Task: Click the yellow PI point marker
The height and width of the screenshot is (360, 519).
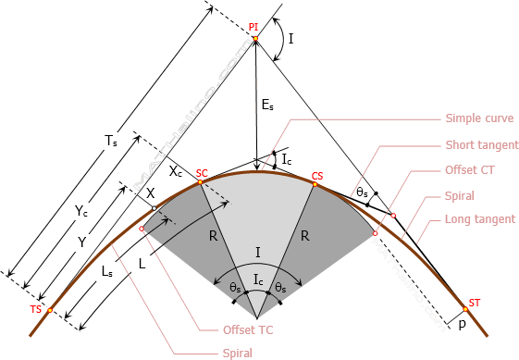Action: pyautogui.click(x=255, y=39)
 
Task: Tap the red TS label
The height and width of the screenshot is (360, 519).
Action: pyautogui.click(x=36, y=309)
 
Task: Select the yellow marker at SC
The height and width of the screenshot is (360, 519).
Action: pyautogui.click(x=200, y=181)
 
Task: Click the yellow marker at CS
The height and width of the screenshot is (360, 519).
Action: pyautogui.click(x=315, y=184)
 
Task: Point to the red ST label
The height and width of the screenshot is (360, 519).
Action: pyautogui.click(x=475, y=303)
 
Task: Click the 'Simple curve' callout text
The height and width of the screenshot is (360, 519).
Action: pyautogui.click(x=479, y=118)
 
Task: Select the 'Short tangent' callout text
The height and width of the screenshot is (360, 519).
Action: pyautogui.click(x=482, y=144)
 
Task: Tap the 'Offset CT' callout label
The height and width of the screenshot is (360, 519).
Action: pyautogui.click(x=470, y=170)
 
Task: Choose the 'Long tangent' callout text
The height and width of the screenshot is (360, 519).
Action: pyautogui.click(x=480, y=219)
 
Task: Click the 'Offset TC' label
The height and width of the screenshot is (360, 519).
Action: pyautogui.click(x=248, y=330)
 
